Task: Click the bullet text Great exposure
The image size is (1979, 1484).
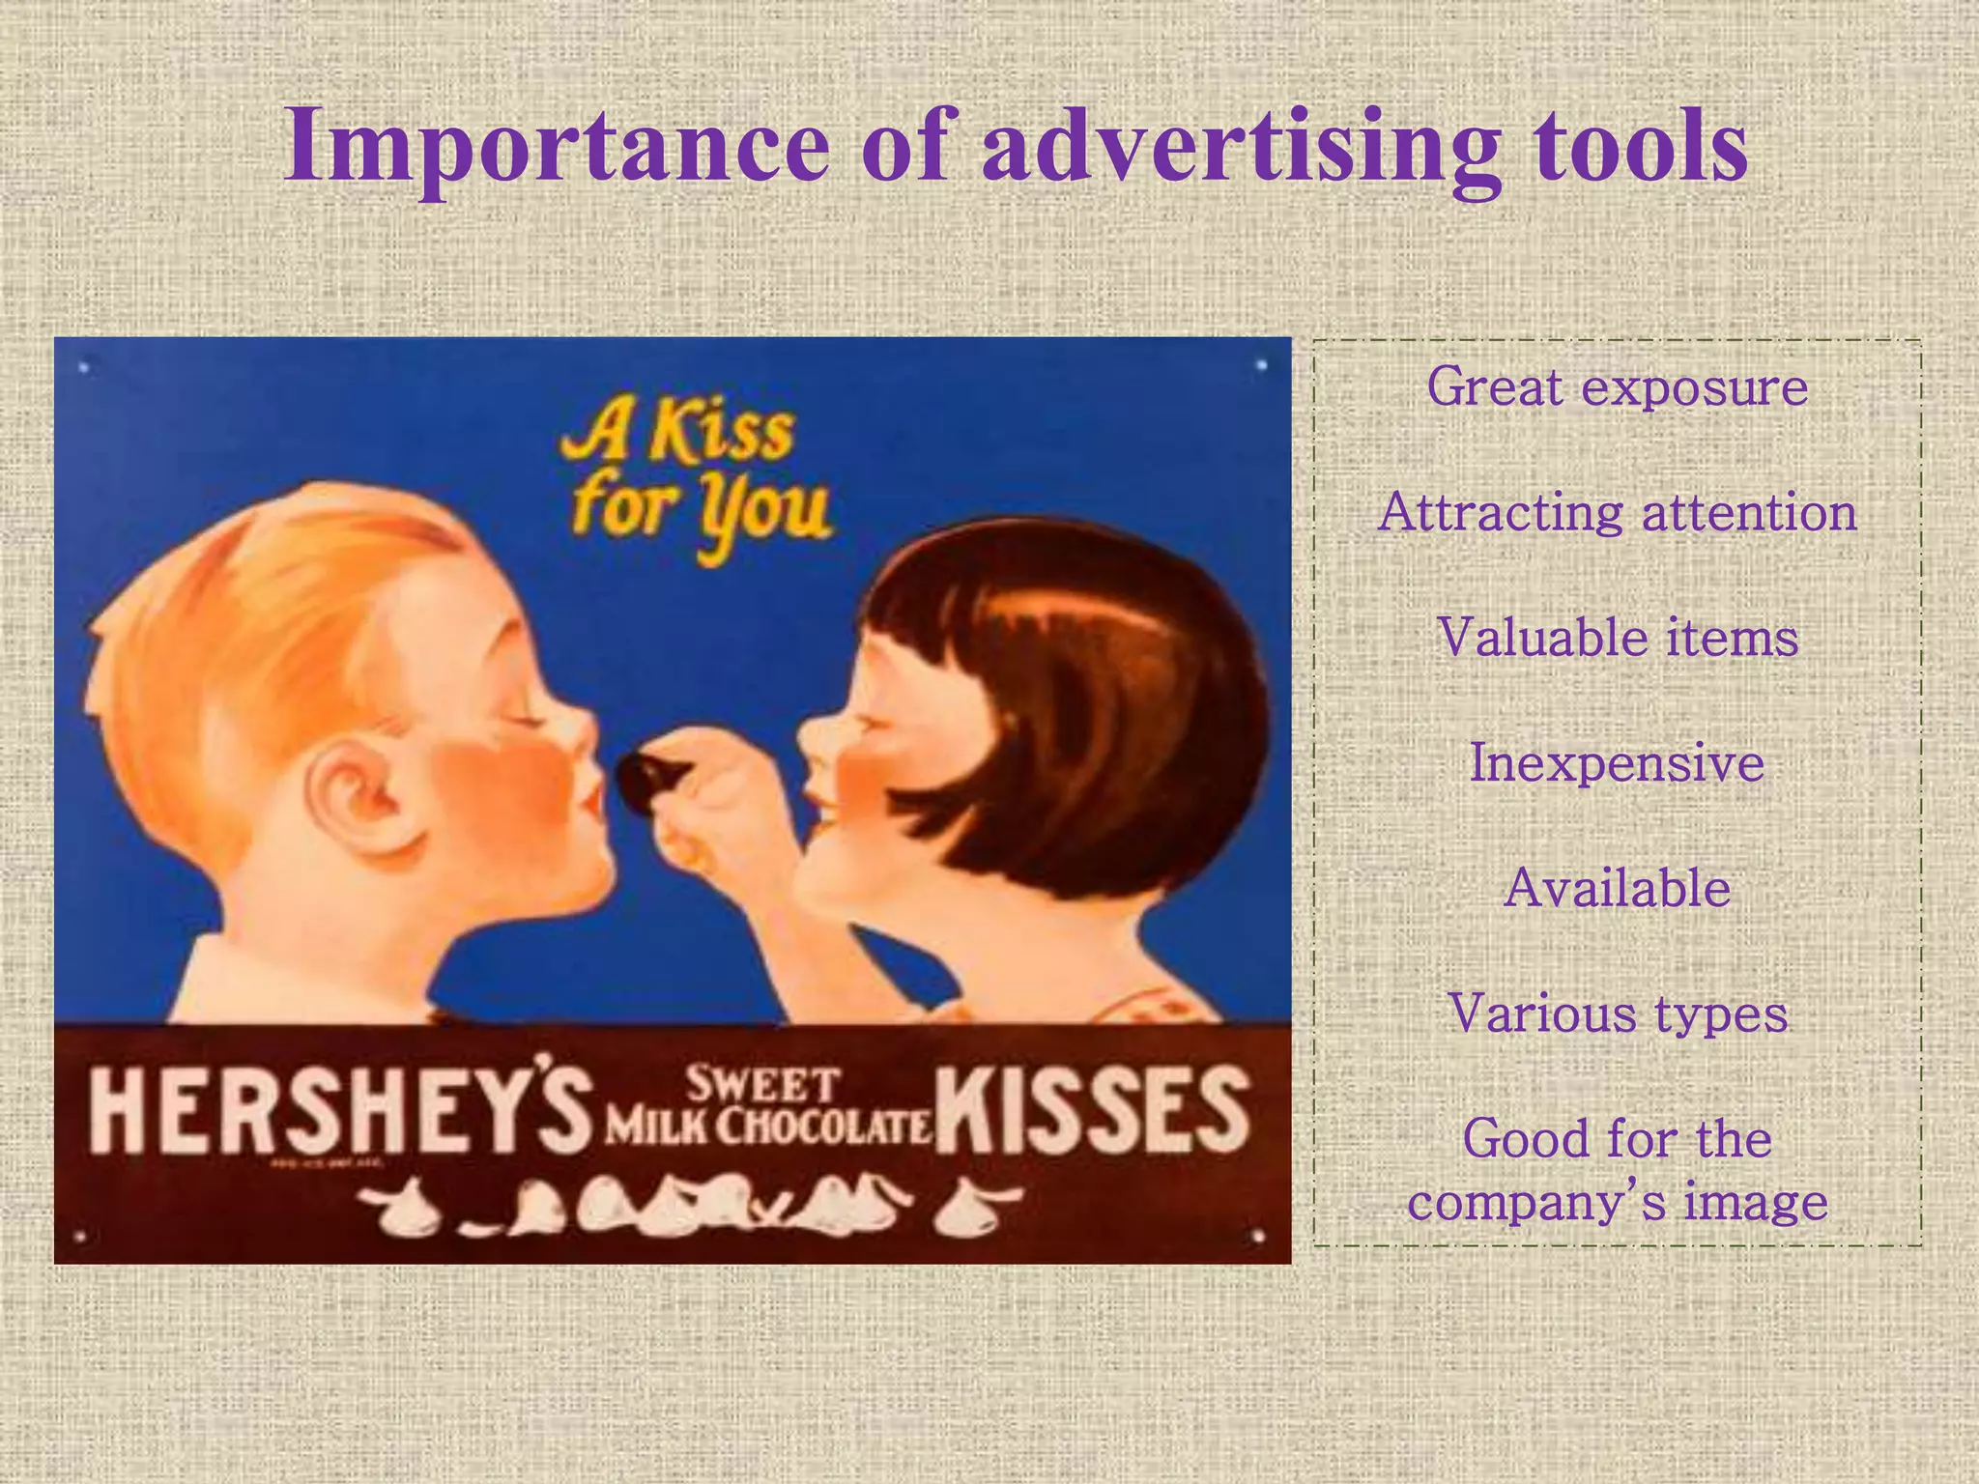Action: coord(1617,387)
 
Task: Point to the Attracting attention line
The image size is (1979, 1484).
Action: coord(1617,512)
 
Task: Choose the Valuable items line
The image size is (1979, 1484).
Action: coord(1617,638)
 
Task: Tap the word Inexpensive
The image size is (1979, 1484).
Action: coord(1617,763)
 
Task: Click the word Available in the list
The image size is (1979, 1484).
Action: coord(1617,888)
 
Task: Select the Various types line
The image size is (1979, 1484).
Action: coord(1617,1013)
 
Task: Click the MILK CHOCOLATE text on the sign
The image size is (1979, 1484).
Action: coord(768,1127)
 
